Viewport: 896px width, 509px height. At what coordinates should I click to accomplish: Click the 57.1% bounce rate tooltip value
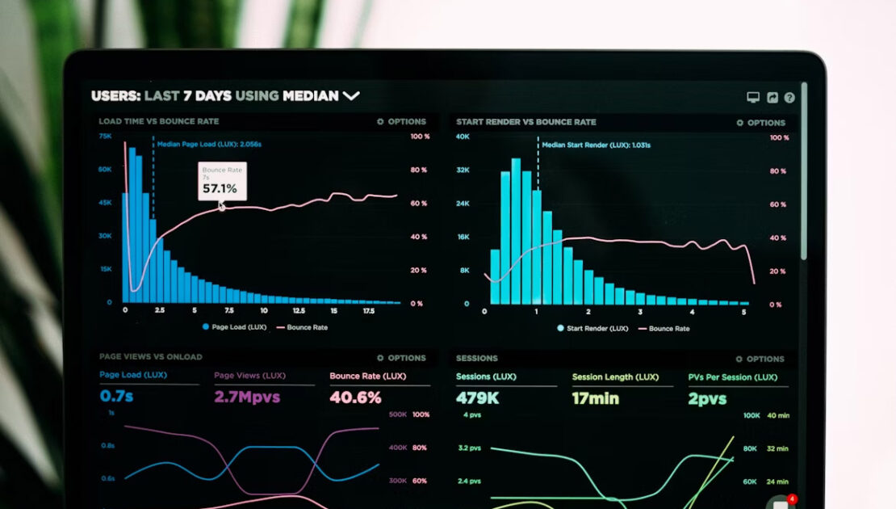(x=220, y=189)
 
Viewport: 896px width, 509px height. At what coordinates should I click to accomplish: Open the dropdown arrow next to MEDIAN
(x=351, y=95)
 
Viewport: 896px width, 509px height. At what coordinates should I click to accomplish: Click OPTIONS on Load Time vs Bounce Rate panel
(x=402, y=122)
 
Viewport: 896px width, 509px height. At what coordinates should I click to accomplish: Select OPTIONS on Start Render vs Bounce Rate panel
(x=761, y=123)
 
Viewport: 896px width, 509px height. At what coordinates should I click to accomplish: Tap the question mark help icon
(x=789, y=98)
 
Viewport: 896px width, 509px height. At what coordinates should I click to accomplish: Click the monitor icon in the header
(x=753, y=98)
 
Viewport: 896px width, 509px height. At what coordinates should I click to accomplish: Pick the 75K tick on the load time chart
(x=105, y=137)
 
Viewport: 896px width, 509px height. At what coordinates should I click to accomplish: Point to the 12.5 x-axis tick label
(x=299, y=310)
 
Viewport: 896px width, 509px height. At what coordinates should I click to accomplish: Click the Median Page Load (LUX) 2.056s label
(x=209, y=144)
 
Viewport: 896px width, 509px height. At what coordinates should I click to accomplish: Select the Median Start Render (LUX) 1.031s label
(x=596, y=145)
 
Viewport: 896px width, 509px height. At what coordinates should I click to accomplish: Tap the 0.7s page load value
(x=117, y=397)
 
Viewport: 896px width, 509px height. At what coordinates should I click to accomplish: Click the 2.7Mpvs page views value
(x=246, y=397)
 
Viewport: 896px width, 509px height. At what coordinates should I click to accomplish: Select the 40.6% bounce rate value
(x=355, y=398)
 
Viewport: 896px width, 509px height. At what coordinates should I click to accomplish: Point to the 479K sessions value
(x=477, y=398)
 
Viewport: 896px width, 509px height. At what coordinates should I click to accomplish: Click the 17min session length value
(x=596, y=398)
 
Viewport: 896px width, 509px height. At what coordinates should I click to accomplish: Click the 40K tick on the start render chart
(x=463, y=137)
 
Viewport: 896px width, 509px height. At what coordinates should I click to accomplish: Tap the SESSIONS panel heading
(x=476, y=358)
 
